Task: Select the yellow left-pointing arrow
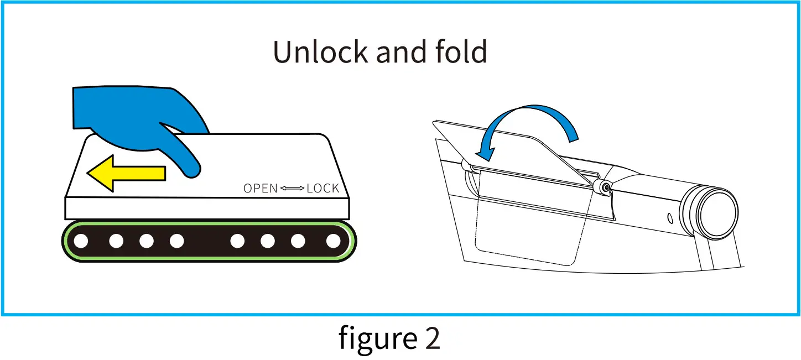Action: [126, 173]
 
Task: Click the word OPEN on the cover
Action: [261, 189]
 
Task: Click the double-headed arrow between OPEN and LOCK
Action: [292, 189]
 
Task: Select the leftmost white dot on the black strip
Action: [81, 241]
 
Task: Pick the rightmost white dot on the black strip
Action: [333, 241]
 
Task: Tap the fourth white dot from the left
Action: [176, 241]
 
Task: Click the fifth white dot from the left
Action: [237, 241]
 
